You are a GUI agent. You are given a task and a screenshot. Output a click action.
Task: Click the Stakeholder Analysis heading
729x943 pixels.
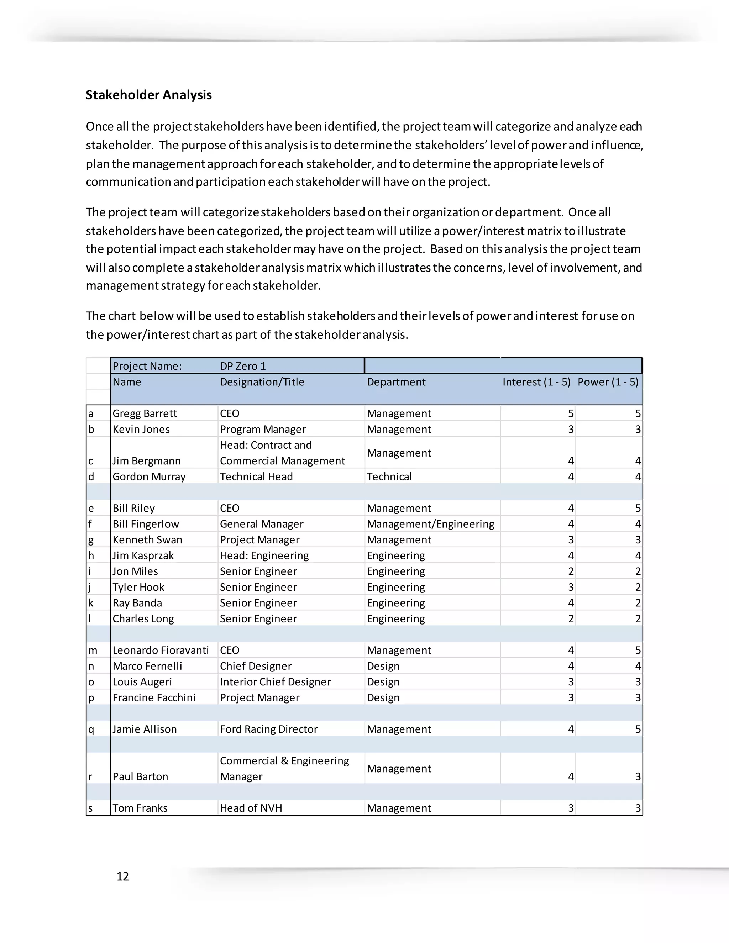click(x=148, y=95)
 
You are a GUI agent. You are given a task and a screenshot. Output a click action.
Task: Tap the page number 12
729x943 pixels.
click(x=123, y=876)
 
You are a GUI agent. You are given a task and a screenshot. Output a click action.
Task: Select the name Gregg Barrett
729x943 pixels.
click(x=145, y=413)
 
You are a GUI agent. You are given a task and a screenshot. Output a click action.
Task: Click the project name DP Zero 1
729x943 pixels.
click(x=243, y=366)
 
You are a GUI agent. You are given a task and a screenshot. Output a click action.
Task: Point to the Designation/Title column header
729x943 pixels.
click(x=262, y=382)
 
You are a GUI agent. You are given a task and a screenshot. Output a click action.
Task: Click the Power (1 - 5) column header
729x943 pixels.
click(x=608, y=382)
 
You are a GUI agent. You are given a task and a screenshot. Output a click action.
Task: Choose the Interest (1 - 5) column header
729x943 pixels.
click(x=536, y=382)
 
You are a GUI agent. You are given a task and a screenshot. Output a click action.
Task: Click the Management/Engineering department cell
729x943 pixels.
click(x=430, y=524)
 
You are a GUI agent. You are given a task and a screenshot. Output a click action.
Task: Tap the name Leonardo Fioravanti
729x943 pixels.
click(x=161, y=650)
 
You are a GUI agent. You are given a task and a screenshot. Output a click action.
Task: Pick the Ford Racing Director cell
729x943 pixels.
click(x=269, y=729)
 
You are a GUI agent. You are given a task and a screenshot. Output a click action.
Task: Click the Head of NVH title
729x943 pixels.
click(x=251, y=808)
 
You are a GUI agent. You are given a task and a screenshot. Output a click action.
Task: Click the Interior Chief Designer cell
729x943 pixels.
click(x=275, y=681)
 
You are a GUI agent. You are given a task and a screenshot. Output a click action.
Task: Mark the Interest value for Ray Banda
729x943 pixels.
click(x=571, y=603)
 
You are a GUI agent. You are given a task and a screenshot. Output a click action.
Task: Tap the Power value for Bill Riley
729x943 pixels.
click(x=638, y=508)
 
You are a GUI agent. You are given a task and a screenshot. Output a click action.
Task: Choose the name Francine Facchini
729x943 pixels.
click(x=154, y=697)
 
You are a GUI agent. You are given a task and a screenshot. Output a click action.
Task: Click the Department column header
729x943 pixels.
click(x=396, y=382)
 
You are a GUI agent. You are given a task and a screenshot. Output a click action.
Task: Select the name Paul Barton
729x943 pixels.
click(x=140, y=776)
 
